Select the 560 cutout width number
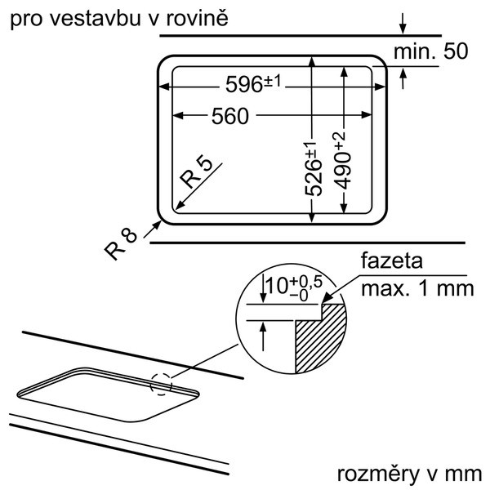230,116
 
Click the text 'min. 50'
430,51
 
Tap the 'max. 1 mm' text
417,288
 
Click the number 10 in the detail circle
277,286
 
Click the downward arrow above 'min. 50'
403,23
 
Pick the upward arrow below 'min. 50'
403,78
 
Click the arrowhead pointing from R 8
157,225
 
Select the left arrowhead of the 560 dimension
177,116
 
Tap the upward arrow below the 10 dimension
263,336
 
